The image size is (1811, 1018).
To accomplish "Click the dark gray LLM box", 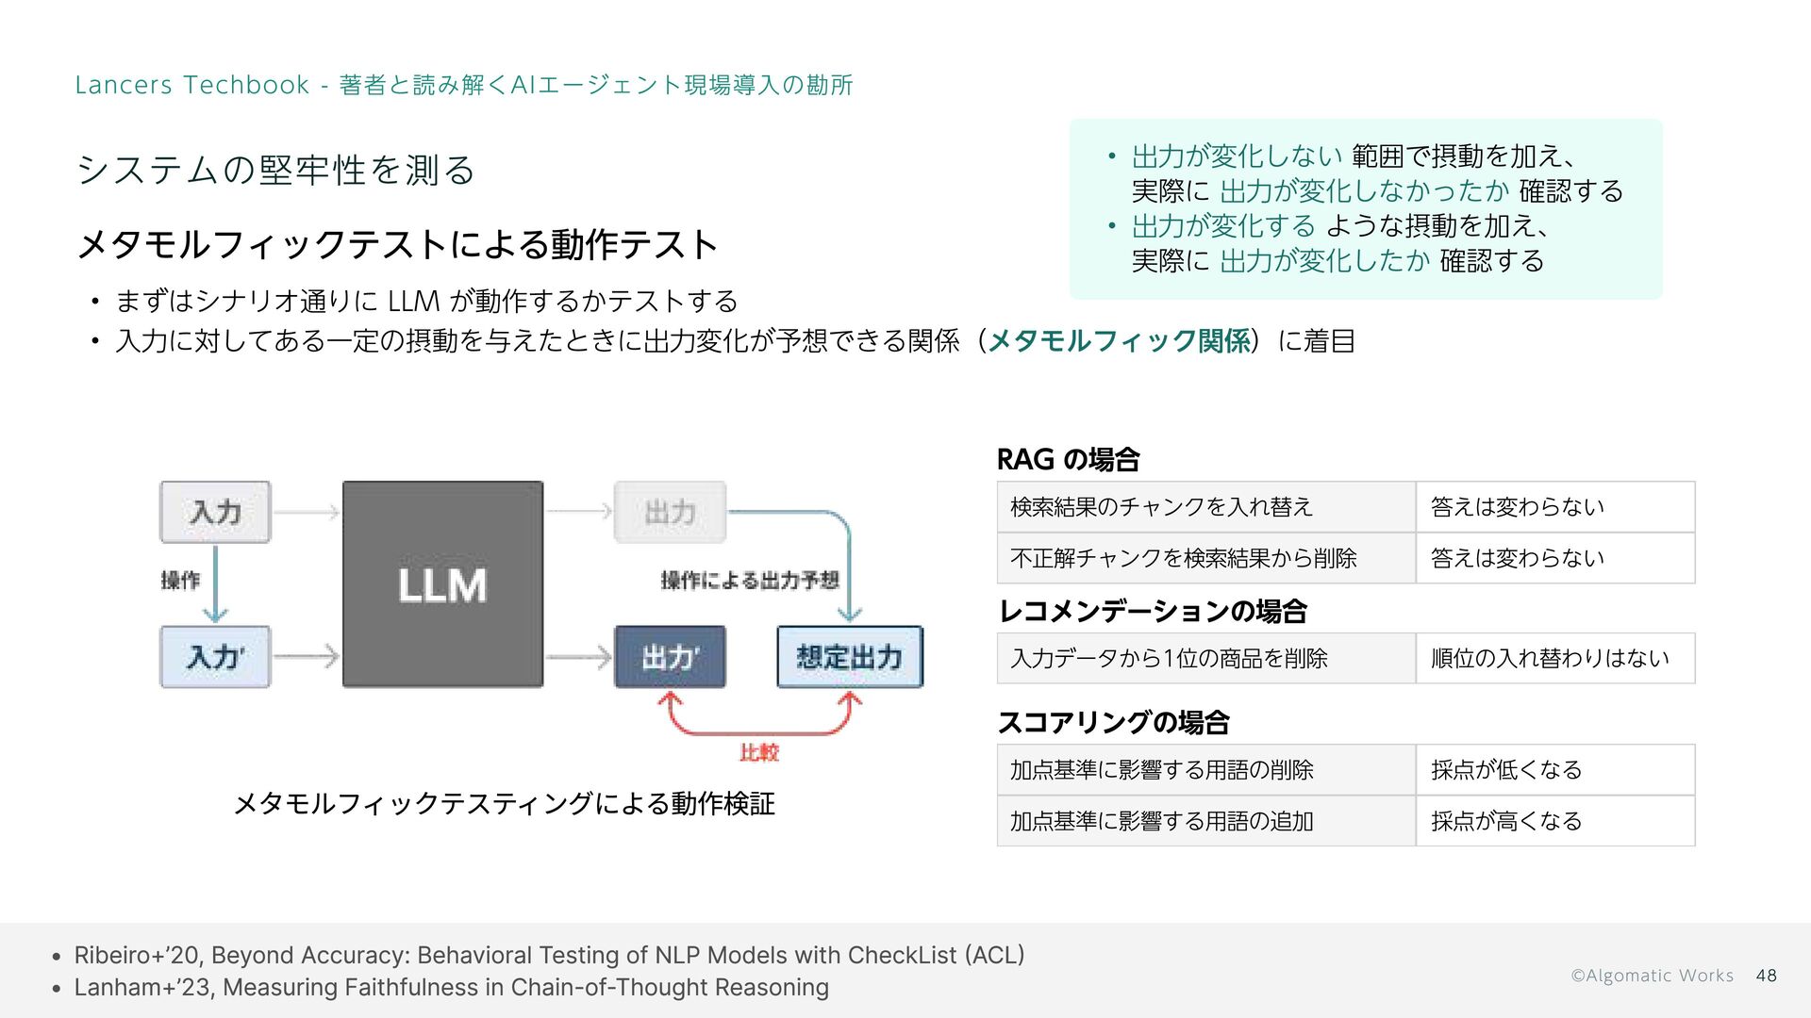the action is [442, 584].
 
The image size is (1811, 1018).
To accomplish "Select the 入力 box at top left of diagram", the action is [215, 512].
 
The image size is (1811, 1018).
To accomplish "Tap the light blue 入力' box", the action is [215, 657].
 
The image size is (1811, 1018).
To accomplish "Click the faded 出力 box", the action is [670, 512].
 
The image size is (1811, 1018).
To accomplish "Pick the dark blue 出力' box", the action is [670, 657].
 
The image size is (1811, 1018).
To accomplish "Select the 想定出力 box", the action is [850, 657].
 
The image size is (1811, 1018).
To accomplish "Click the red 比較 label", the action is [759, 752].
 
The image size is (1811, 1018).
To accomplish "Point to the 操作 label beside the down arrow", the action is [180, 581].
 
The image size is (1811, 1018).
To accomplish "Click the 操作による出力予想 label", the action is [750, 581].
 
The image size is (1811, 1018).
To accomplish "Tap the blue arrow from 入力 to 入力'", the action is [216, 584].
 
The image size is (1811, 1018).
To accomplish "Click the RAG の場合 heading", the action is [1068, 460].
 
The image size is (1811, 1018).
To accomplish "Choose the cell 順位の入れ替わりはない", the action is [1550, 658].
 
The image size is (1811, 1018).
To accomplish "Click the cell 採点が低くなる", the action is [1506, 770].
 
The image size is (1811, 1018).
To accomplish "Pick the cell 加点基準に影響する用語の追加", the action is [1162, 822].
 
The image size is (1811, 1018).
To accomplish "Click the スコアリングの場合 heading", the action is [1113, 723].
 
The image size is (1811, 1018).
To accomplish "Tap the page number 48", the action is [1767, 976].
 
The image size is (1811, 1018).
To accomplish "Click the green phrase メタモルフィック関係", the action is [1119, 340].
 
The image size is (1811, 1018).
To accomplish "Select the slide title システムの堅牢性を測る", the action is [275, 170].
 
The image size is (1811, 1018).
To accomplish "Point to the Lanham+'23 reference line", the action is [451, 988].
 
